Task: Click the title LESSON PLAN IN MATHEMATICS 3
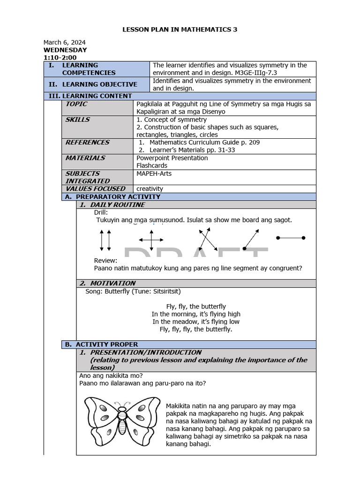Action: point(180,30)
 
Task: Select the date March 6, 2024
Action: point(65,42)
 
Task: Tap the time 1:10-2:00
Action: point(60,58)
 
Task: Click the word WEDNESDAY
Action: point(65,50)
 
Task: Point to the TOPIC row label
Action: point(76,104)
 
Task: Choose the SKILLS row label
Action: point(77,120)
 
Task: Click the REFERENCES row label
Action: point(87,142)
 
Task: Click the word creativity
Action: point(150,188)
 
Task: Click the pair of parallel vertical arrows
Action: point(105,240)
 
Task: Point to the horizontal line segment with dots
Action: point(291,238)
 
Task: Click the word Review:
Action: point(105,261)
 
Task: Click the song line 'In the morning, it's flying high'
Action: point(196,314)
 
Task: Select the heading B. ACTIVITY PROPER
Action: point(101,344)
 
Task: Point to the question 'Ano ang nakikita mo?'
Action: point(111,375)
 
